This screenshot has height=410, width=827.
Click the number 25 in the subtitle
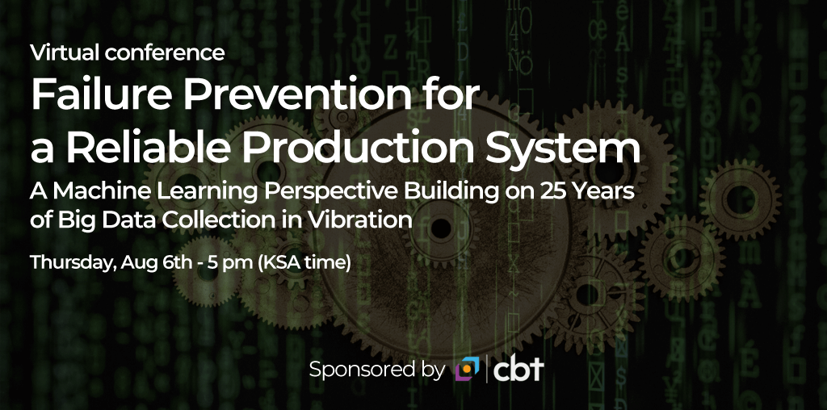554,192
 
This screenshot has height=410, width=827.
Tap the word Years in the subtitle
604,192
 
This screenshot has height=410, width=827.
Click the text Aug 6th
156,262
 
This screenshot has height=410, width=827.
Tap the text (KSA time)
304,262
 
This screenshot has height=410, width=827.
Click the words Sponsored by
377,370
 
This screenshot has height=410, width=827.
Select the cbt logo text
518,368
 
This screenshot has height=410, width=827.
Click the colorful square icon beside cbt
468,368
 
